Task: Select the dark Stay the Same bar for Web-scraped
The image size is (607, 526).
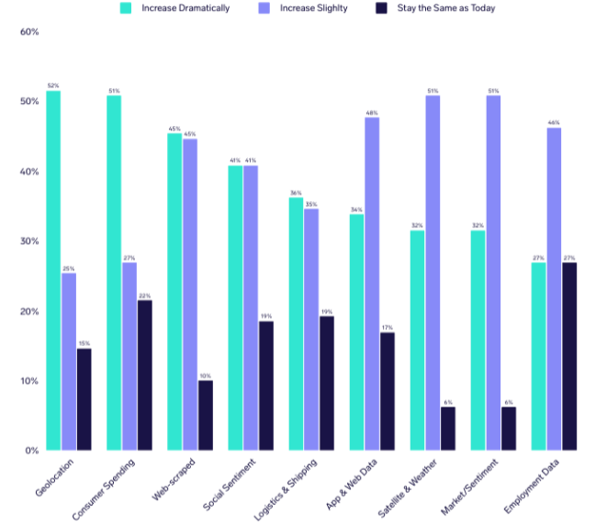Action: pos(205,415)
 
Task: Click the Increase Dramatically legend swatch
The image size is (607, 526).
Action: pos(127,8)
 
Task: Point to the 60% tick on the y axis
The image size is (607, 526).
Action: pos(28,32)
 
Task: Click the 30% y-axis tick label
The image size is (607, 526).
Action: pos(28,242)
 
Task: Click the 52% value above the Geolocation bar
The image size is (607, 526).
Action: pos(53,85)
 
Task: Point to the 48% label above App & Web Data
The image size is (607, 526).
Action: pos(372,112)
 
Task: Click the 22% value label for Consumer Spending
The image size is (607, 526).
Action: pos(144,294)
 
